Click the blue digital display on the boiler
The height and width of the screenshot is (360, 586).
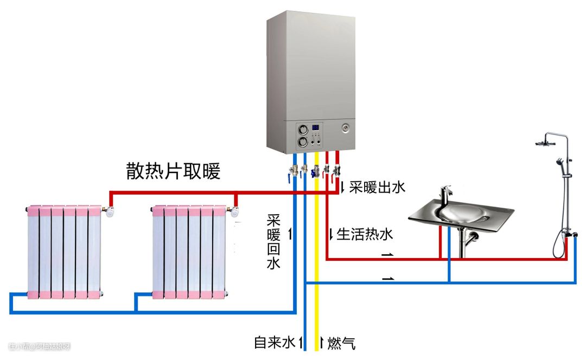tap(315, 129)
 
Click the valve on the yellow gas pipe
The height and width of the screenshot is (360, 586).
tap(315, 172)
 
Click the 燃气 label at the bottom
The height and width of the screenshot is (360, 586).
tap(341, 343)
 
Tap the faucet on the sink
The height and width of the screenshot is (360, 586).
tap(446, 196)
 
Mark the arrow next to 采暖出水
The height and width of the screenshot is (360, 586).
tap(343, 188)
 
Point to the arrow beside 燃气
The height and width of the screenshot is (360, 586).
tap(321, 342)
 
